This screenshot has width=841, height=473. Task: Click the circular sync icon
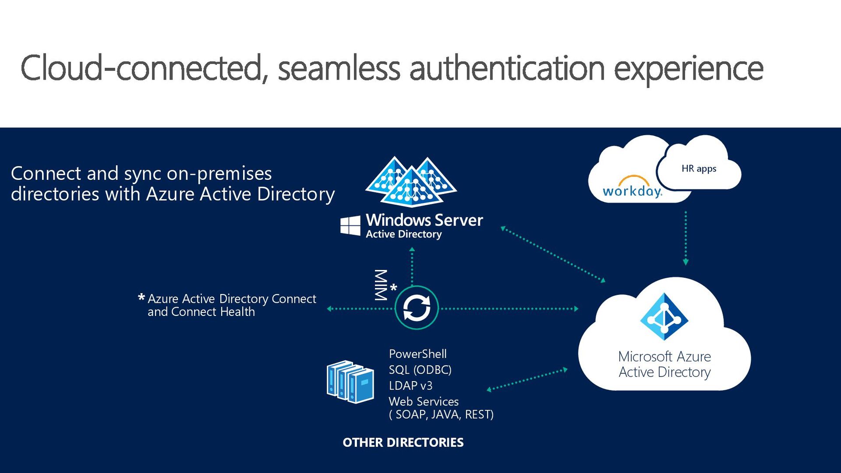point(416,308)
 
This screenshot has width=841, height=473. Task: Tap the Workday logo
point(632,189)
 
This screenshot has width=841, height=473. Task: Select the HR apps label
point(699,168)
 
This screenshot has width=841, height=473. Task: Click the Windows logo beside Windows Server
point(350,225)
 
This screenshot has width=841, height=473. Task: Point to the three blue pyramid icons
point(411,182)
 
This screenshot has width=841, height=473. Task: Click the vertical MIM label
point(381,285)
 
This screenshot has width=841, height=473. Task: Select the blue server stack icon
point(350,382)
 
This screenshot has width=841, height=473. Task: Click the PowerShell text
point(417,354)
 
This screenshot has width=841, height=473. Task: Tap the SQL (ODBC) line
point(420,370)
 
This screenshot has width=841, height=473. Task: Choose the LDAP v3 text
point(410,385)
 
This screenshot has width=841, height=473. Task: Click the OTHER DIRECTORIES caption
point(403,442)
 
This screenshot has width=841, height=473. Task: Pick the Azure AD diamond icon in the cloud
point(664,316)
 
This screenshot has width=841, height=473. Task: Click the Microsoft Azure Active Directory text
point(664,364)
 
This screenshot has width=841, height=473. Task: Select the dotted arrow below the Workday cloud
point(686,238)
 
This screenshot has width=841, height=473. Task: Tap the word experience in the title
point(688,69)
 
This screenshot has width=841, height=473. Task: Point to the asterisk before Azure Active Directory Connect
point(141,298)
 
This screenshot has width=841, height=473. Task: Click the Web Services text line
point(424,401)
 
